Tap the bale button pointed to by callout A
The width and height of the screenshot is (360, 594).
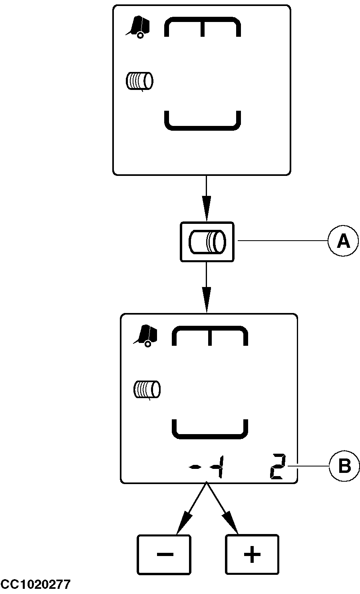207,242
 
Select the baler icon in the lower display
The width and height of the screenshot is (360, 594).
146,335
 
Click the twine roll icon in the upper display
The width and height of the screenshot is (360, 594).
139,81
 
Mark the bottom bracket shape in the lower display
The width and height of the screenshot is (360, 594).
210,430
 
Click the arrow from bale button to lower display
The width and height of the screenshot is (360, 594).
206,287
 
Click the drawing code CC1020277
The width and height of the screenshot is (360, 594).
36,585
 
